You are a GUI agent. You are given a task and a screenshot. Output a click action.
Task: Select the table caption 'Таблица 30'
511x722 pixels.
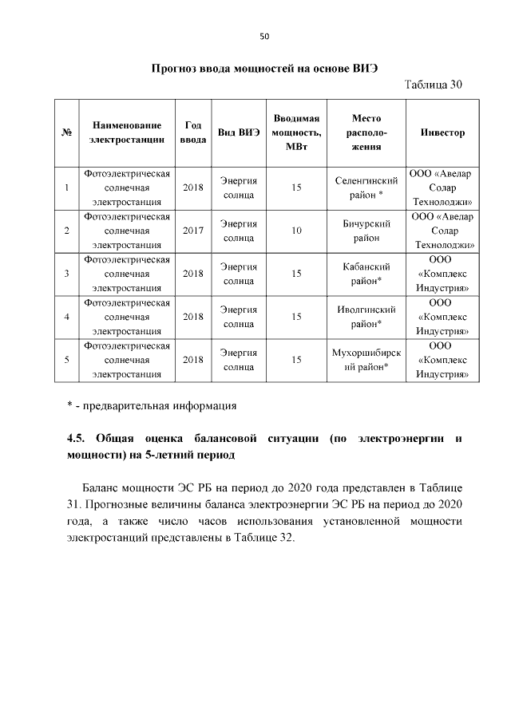tap(434, 85)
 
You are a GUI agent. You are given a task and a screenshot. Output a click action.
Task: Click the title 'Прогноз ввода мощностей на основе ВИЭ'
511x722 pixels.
tap(263, 68)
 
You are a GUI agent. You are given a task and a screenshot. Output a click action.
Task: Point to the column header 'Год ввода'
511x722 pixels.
tap(192, 132)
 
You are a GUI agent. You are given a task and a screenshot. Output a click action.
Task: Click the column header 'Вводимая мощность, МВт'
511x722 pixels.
tap(295, 132)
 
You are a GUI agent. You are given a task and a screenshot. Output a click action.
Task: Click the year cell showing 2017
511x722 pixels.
tap(192, 231)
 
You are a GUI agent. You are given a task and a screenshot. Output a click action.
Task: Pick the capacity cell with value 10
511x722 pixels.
tap(295, 231)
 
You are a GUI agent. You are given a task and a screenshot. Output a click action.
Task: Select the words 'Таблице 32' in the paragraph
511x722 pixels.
tap(264, 537)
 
